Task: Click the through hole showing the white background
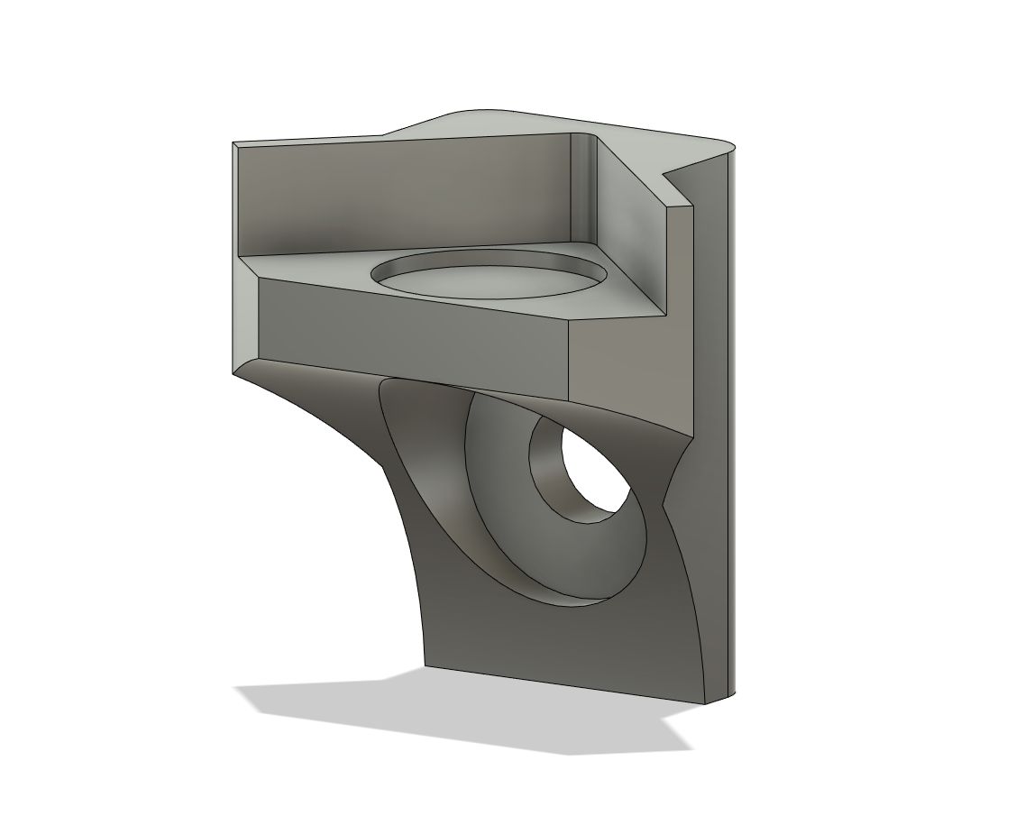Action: pos(598,469)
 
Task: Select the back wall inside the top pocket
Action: pos(406,194)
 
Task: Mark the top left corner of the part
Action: pos(233,143)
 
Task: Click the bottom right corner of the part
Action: pos(732,696)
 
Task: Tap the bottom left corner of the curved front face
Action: pos(425,668)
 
